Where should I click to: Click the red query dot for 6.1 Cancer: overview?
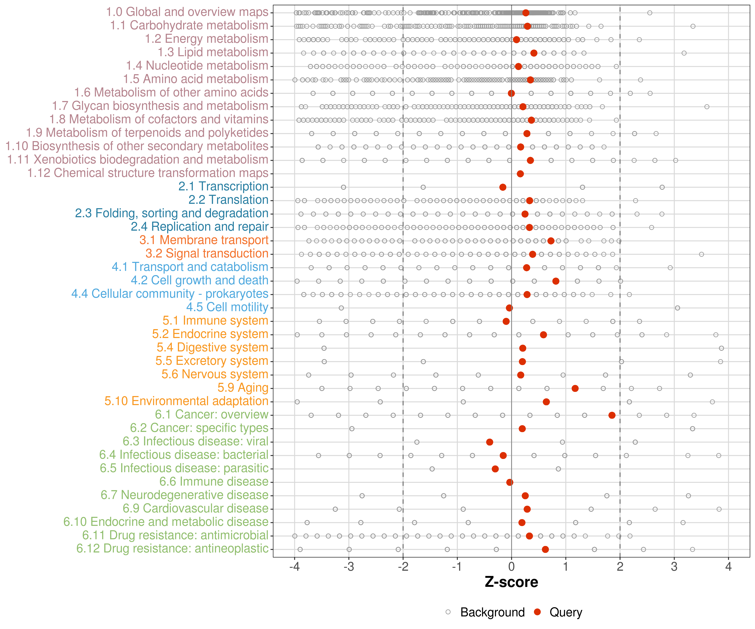coord(612,415)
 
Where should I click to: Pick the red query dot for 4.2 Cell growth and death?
coord(556,281)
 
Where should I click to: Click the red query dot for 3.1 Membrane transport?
coord(551,241)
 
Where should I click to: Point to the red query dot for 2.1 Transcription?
coord(503,187)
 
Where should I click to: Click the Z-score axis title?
coord(511,582)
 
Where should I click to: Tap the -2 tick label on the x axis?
coord(403,567)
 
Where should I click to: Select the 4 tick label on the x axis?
coord(728,567)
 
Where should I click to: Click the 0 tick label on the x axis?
coord(511,567)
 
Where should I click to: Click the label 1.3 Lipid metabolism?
coord(213,52)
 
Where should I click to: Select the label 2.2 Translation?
coord(228,200)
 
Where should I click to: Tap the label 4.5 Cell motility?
coord(227,307)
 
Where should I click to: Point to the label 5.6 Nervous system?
coord(215,374)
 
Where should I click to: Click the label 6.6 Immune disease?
coord(214,482)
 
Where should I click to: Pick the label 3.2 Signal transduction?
coord(207,253)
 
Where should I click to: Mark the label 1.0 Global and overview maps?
coord(187,12)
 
